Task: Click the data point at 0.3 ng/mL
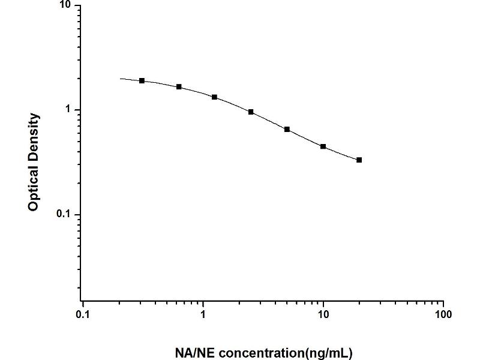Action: point(142,80)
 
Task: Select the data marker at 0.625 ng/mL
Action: point(179,87)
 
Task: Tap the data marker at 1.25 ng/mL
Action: point(214,97)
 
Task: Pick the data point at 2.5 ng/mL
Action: point(251,112)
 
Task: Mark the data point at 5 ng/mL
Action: point(287,130)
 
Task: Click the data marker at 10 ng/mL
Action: point(323,146)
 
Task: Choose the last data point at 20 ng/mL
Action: point(359,160)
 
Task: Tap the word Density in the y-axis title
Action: point(34,134)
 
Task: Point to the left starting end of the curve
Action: point(120,79)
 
